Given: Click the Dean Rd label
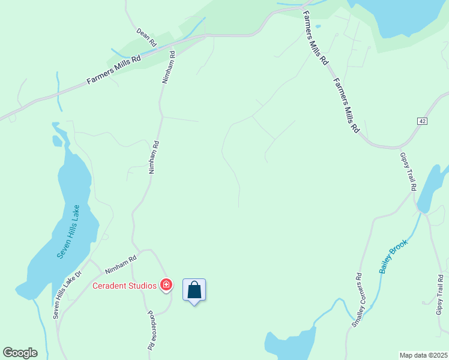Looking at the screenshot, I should point(146,37).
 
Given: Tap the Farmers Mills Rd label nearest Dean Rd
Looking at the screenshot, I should point(113,70).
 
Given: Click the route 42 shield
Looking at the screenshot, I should point(423,121).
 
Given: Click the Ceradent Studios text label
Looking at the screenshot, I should point(124,286).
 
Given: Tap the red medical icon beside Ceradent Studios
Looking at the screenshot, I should point(166,285).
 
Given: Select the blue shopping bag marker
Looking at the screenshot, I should point(194,290).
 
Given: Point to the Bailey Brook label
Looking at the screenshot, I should point(394,257).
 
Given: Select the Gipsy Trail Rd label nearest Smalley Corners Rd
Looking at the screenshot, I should point(440,295).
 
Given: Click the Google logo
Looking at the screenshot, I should point(20,353).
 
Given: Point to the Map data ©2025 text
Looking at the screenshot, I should point(424,355).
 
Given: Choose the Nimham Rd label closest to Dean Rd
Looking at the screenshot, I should point(169,67).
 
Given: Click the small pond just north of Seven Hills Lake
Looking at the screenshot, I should point(57,141).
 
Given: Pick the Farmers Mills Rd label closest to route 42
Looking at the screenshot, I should point(346,106).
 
